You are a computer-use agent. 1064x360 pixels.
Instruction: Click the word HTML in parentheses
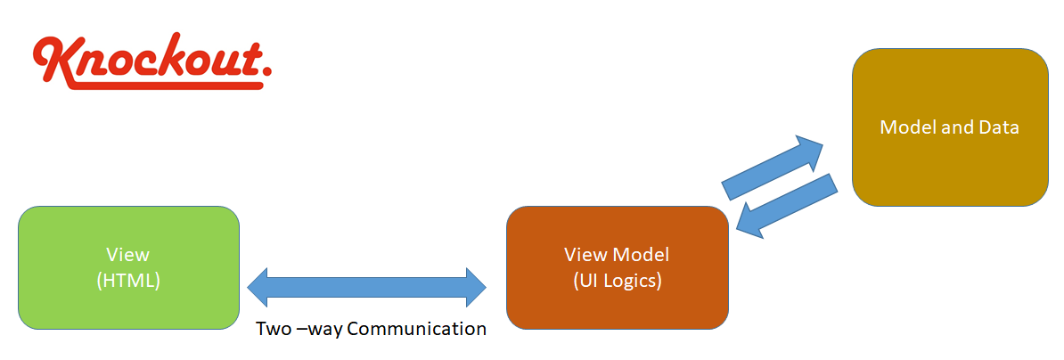(x=128, y=280)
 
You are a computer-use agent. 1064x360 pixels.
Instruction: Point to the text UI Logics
(x=617, y=280)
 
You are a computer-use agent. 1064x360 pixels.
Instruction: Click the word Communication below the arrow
(x=416, y=329)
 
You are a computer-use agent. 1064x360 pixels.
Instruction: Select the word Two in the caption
(x=274, y=329)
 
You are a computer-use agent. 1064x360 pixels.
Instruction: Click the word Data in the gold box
(x=1001, y=127)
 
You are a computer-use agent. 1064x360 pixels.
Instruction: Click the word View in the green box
(x=128, y=255)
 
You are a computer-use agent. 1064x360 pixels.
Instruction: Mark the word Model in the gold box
(x=904, y=127)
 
